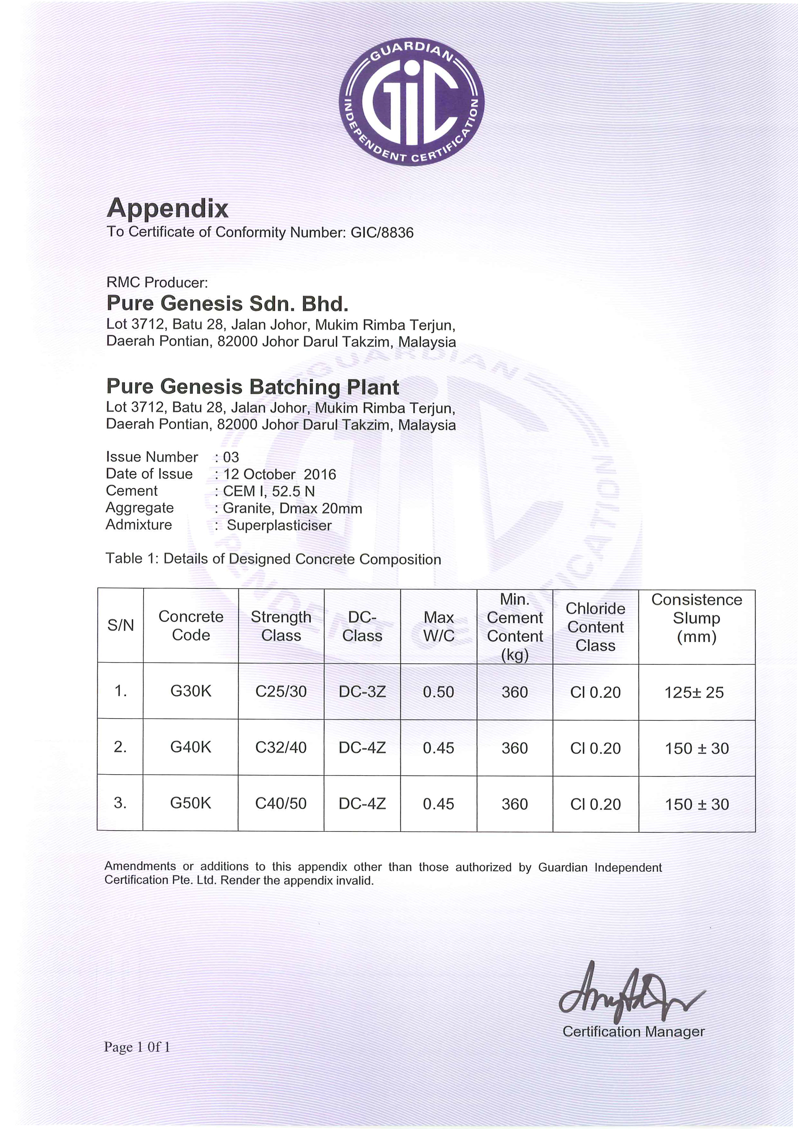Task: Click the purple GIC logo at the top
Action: pyautogui.click(x=412, y=102)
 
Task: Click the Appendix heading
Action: pyautogui.click(x=168, y=208)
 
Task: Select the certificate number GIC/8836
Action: pyautogui.click(x=382, y=233)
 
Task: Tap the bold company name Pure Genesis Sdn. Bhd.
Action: pyautogui.click(x=227, y=303)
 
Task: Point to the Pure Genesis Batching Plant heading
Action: pyautogui.click(x=252, y=387)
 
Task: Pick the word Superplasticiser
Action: pyautogui.click(x=279, y=525)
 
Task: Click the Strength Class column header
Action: pyautogui.click(x=281, y=626)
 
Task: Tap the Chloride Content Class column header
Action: pyautogui.click(x=595, y=627)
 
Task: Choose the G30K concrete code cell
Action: pyautogui.click(x=191, y=691)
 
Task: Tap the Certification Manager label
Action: pyautogui.click(x=633, y=1031)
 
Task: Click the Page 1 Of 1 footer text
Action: pyautogui.click(x=137, y=1047)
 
